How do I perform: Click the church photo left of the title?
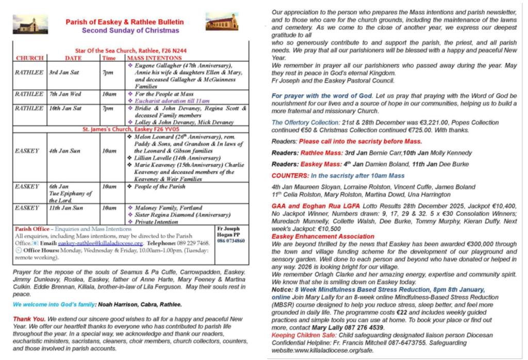[x=30, y=25]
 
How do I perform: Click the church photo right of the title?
[x=222, y=22]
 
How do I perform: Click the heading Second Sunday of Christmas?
[x=125, y=30]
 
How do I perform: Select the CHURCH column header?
[x=29, y=58]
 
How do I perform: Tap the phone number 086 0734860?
[x=231, y=240]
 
